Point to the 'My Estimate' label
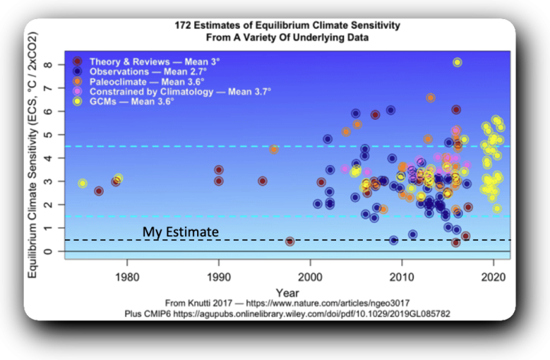coord(181,232)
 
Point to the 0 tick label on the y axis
coord(48,251)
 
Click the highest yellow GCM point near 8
coord(457,63)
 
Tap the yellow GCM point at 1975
coord(82,183)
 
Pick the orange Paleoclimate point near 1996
coord(273,149)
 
